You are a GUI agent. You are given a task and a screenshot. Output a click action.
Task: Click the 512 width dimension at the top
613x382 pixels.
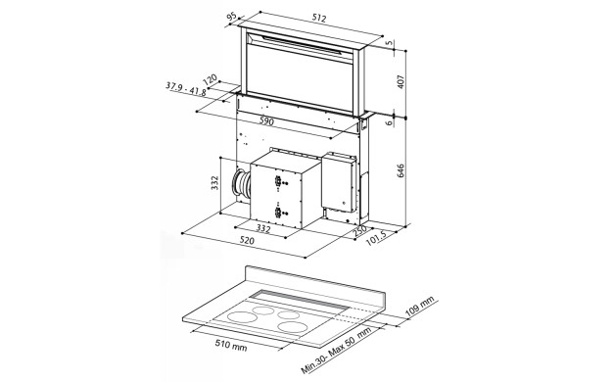319,18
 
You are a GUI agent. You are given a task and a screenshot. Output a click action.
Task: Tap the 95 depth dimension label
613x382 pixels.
231,17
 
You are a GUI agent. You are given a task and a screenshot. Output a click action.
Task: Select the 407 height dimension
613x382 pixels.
401,81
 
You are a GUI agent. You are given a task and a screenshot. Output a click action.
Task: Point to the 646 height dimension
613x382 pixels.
401,170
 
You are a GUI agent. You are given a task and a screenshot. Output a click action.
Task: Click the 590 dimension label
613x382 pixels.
267,121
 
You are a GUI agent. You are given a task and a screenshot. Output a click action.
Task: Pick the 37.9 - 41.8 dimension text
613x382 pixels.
186,89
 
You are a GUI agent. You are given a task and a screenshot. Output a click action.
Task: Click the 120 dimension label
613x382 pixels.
210,80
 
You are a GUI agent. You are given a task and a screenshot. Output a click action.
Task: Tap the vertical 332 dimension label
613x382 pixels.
214,182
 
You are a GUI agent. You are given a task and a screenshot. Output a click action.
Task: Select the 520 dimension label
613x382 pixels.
247,240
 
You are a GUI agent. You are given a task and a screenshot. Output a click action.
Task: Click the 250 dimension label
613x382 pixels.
359,230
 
